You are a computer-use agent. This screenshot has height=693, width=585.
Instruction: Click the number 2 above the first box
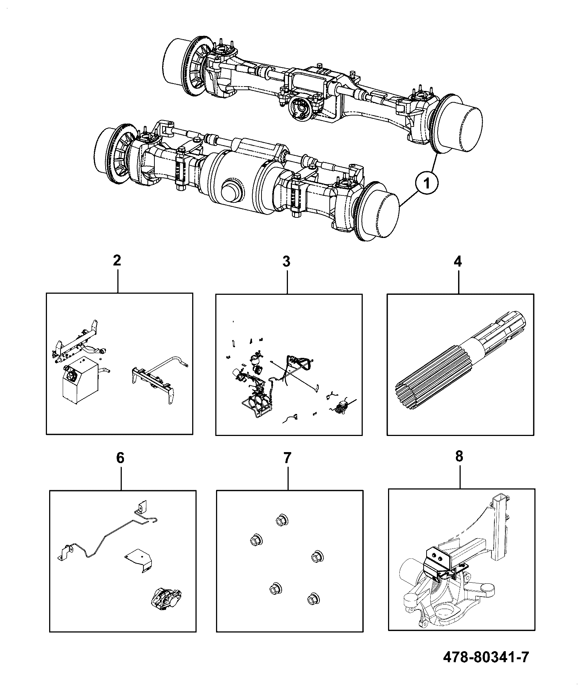(117, 261)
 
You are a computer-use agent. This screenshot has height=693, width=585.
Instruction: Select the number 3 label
(286, 261)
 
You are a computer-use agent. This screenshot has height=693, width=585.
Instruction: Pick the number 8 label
(459, 456)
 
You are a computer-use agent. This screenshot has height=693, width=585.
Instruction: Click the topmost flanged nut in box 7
(281, 520)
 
